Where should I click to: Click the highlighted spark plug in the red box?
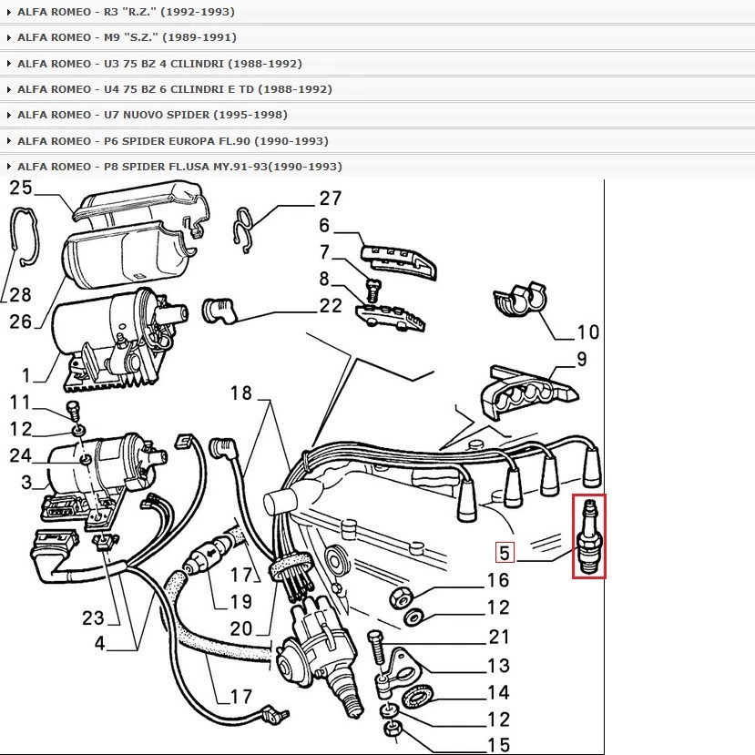(x=589, y=536)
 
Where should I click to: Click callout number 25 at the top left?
(x=21, y=189)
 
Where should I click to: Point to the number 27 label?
(x=330, y=199)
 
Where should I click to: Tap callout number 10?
(x=588, y=332)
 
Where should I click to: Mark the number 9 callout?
(x=582, y=359)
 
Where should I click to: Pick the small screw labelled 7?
(x=372, y=291)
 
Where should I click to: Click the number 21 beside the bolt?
(x=498, y=637)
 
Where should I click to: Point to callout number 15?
(x=498, y=745)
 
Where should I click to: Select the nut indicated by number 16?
(x=400, y=597)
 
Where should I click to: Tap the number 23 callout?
(x=94, y=617)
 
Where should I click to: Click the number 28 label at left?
(x=21, y=294)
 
